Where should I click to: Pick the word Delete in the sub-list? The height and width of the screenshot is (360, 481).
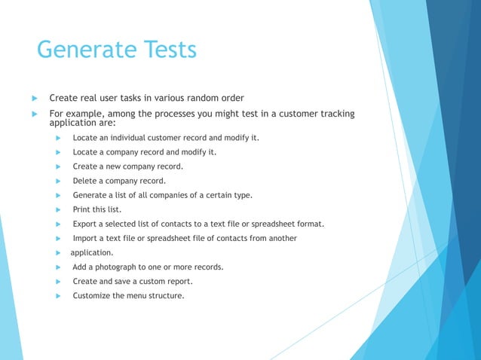click(x=86, y=181)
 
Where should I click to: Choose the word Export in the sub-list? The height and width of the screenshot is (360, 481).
click(x=87, y=224)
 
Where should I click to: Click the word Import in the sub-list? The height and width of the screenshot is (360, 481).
click(x=87, y=238)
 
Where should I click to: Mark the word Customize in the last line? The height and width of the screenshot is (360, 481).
click(x=93, y=295)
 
